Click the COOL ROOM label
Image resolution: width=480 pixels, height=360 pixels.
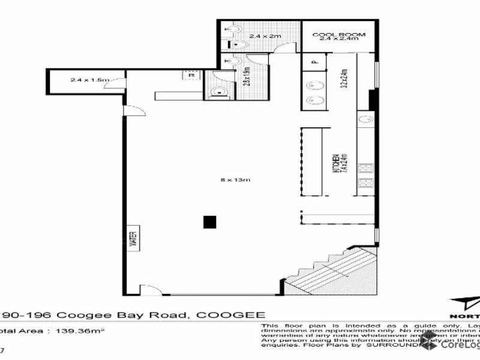pos(339,35)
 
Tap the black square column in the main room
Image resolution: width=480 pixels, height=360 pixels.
pos(209,222)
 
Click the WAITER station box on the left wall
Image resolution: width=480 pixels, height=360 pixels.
pos(134,238)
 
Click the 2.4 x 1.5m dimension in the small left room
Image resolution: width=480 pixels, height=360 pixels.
pos(85,79)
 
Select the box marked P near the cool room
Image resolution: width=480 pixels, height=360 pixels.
pos(313,61)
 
